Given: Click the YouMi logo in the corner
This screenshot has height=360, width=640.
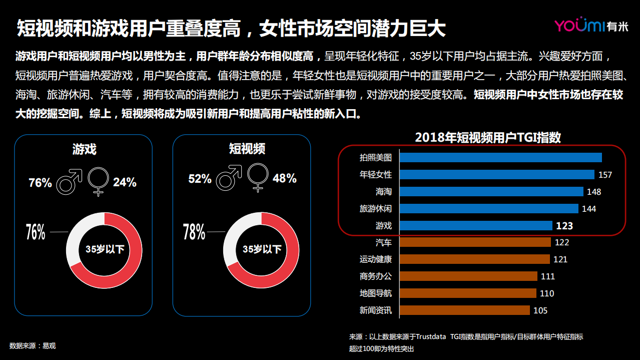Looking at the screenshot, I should coord(590,26).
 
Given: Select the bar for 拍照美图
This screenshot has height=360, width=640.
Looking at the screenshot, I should coord(500,158).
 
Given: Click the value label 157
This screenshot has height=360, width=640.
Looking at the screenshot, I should coord(605,175).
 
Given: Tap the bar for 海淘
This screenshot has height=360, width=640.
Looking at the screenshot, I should coord(491,192).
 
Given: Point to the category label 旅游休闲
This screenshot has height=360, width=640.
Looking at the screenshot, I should coord(375,209).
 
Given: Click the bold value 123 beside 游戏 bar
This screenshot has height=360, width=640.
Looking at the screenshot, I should coord(564,226).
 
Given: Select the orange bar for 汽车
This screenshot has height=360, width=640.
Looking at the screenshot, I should coord(475,242).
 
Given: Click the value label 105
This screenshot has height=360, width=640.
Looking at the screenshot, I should coord(540,310).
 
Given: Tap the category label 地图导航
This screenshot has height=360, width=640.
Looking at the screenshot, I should coord(375,293).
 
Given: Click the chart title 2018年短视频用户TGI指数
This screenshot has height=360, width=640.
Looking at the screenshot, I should coord(488,138).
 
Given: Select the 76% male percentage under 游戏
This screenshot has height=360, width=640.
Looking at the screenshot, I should coord(40,183).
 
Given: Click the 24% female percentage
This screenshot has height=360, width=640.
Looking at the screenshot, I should coord(125,182).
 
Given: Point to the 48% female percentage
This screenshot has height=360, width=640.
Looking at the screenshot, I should coord(284,179).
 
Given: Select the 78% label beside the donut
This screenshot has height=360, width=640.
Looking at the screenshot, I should coord(194,232).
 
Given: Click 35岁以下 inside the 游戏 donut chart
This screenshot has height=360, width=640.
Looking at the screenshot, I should coord(105,249).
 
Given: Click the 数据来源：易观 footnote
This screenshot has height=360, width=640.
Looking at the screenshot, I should coord(33,345).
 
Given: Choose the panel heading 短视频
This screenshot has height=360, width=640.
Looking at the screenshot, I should coord(247,149).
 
